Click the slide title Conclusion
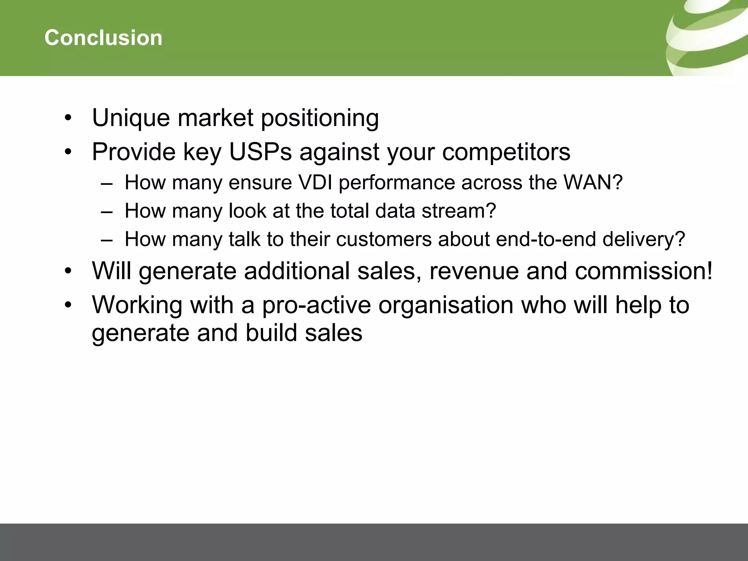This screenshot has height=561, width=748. click(x=103, y=38)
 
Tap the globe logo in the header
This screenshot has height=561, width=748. click(x=707, y=38)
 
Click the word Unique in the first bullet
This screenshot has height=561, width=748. click(x=131, y=118)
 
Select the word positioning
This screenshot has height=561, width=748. click(x=320, y=118)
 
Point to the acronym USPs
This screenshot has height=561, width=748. click(x=260, y=152)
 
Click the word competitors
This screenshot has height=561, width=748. click(x=506, y=152)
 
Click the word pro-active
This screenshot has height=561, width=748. click(x=316, y=305)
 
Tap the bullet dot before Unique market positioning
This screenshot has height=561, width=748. click(x=68, y=118)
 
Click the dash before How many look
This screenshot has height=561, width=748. click(x=106, y=211)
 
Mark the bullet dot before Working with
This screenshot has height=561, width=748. click(x=68, y=305)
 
